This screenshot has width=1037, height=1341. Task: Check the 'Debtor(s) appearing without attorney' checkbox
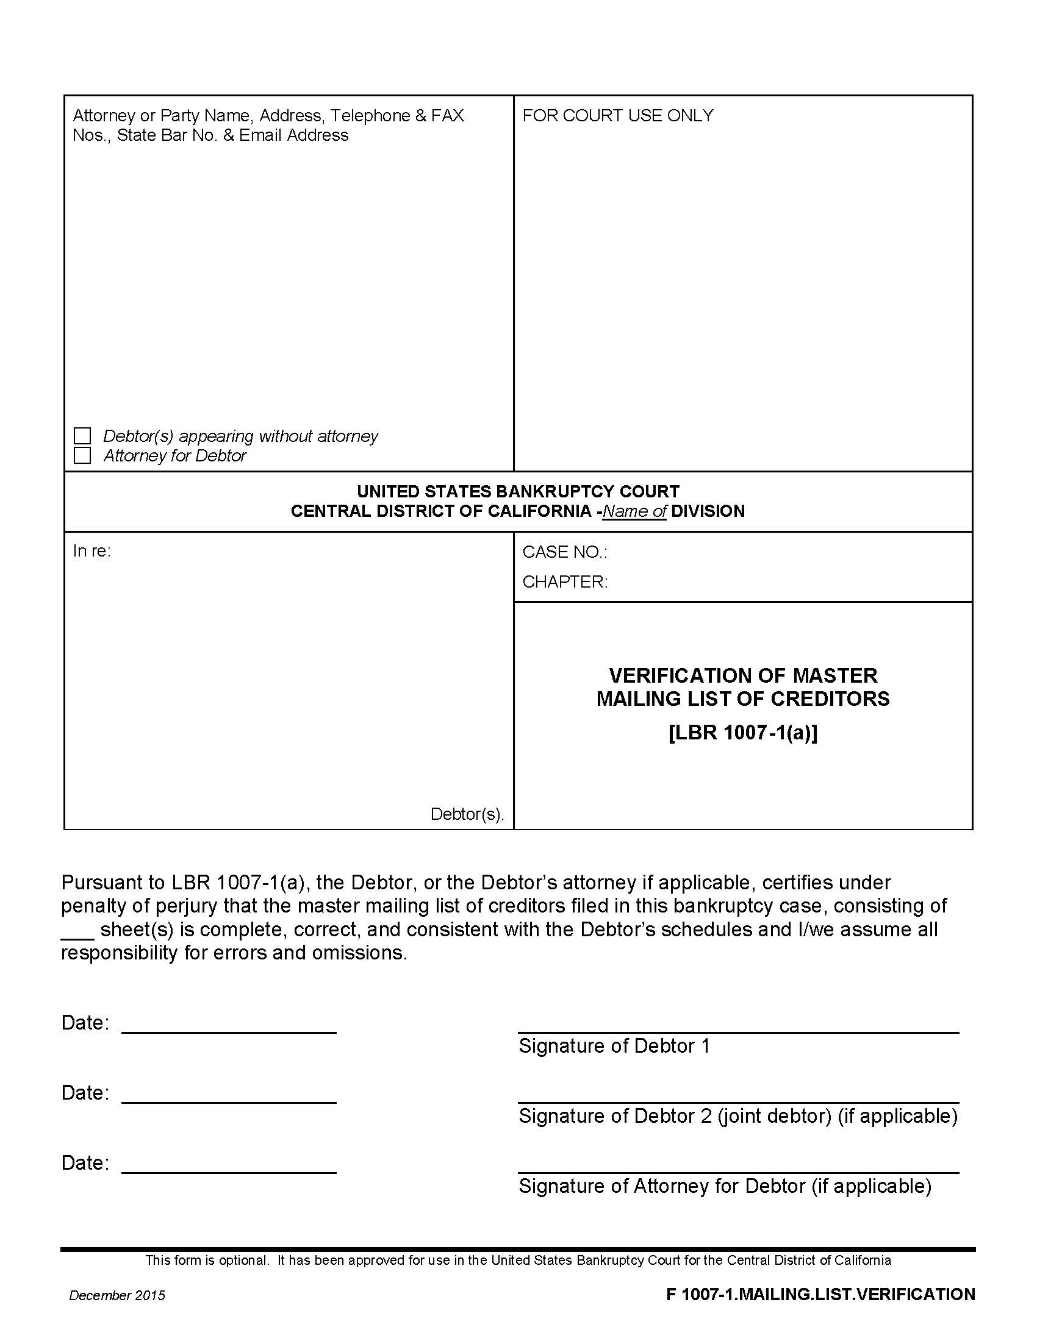82,436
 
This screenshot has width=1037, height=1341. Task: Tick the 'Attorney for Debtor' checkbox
82,455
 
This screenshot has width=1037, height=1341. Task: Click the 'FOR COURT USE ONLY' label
617,115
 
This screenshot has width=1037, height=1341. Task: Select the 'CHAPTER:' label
565,582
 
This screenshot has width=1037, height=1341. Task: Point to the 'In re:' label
91,551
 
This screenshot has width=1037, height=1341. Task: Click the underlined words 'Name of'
634,511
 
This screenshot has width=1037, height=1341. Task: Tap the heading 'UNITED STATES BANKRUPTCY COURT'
518,491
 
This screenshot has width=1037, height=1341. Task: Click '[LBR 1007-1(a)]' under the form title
743,733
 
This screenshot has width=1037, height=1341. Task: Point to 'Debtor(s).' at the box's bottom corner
467,814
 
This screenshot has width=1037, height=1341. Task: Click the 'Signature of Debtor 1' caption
614,1045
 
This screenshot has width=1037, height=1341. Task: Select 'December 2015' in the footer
117,1295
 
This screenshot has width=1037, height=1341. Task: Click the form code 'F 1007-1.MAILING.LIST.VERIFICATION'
820,1294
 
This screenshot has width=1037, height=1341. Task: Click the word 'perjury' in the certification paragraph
180,906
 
